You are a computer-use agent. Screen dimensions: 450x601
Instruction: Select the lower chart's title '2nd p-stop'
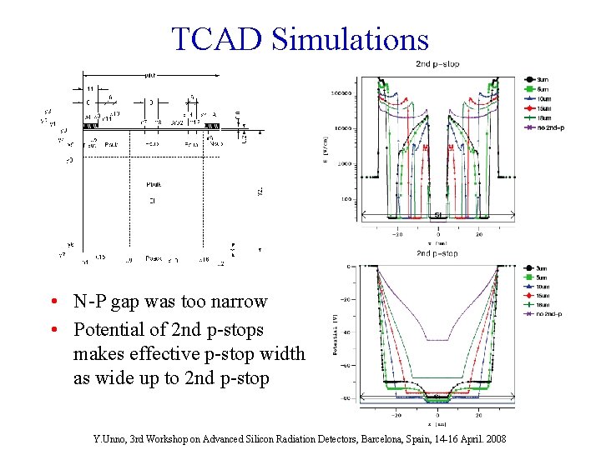pos(437,253)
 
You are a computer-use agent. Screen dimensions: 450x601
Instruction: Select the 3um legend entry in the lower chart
pos(541,268)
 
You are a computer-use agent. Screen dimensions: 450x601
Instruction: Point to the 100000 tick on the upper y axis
pos(340,93)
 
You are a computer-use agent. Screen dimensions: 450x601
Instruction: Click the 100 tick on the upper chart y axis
pos(345,199)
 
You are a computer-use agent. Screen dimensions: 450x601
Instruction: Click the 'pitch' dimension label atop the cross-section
pos(150,74)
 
